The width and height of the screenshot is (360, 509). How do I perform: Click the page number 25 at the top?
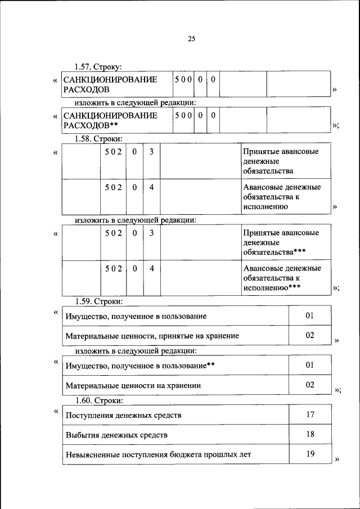tap(191, 39)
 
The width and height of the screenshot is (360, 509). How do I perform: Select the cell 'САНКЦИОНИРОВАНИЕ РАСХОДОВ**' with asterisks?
tap(110, 120)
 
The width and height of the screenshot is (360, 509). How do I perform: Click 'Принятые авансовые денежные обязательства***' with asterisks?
tap(281, 241)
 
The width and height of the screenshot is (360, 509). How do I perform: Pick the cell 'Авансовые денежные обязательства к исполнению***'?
tap(282, 277)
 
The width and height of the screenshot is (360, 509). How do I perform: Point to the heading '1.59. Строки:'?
tap(99, 301)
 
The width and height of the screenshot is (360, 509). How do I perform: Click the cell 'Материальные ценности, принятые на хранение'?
tap(152, 336)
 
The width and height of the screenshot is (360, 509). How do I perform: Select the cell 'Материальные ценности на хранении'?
tap(133, 386)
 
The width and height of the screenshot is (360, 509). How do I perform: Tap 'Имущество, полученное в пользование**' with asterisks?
tap(140, 366)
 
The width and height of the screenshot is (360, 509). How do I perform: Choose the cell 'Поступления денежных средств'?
tap(124, 416)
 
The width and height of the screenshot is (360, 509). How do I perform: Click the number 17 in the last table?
tap(310, 415)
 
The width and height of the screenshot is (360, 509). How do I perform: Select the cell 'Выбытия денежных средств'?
tap(116, 435)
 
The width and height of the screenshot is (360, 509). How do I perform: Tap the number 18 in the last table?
tap(310, 434)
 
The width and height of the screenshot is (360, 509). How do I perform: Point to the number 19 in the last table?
tap(310, 453)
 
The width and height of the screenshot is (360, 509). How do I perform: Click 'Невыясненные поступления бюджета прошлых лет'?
tap(158, 454)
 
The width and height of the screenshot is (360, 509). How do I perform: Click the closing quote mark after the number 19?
tap(337, 460)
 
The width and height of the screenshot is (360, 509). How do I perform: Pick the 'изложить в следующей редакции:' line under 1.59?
tap(136, 351)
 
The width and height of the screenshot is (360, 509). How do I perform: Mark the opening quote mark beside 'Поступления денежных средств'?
tap(55, 411)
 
